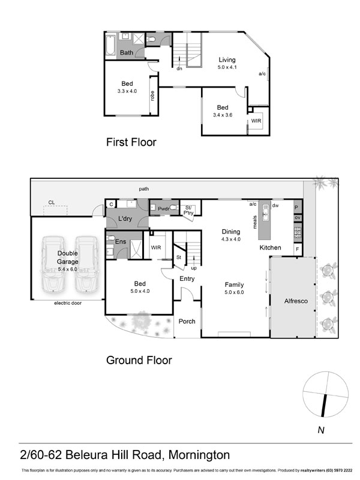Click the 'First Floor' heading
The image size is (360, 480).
point(131,142)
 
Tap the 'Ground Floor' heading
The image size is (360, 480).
point(139,360)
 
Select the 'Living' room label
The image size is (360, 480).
point(227,59)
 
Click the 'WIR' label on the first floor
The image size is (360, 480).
point(256,121)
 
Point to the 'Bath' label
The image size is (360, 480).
point(127,53)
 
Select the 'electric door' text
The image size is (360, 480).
point(67,303)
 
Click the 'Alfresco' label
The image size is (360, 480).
point(296,301)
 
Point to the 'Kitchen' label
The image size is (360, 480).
point(270,247)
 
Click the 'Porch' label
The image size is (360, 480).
point(187,321)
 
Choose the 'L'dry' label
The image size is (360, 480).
point(125,218)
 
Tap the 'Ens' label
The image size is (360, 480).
point(120,241)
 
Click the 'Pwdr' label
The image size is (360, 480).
point(163,208)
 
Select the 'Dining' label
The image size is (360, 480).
point(231,232)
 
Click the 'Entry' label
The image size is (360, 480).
point(187,278)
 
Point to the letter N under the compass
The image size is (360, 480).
point(321,430)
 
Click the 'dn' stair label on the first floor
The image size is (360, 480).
point(179,68)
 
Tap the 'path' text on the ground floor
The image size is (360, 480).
point(143,188)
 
